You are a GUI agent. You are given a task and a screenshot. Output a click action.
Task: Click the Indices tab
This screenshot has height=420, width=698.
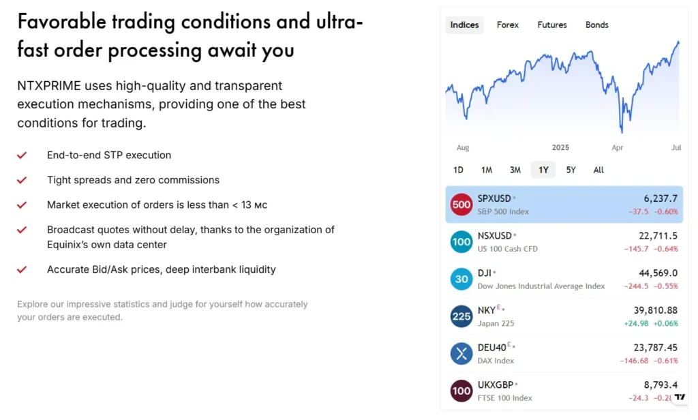tap(465, 25)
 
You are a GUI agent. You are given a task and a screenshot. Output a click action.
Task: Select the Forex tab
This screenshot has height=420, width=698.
tap(508, 25)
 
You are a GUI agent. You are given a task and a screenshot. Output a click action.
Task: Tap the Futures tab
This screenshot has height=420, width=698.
tap(552, 25)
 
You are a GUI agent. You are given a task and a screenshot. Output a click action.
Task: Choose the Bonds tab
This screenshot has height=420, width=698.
tap(597, 25)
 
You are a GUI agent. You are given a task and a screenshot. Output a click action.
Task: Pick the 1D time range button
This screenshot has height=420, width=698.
tap(458, 170)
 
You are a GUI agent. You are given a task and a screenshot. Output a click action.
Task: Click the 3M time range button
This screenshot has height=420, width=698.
tap(515, 170)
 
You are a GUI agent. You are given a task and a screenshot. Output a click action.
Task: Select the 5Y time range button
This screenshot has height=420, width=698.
tap(571, 170)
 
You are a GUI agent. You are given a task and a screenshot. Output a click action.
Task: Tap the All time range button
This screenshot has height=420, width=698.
tap(598, 170)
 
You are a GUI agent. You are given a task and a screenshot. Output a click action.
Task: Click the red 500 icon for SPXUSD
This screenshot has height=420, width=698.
tap(461, 205)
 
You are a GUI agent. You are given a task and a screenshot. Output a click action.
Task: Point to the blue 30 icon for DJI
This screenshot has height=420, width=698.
tap(461, 279)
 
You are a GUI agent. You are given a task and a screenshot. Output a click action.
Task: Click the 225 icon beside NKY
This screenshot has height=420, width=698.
tap(461, 316)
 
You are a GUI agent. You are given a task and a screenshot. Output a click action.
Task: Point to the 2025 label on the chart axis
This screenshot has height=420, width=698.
tap(560, 148)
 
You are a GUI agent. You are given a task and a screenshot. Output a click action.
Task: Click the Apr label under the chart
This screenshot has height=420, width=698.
tap(618, 148)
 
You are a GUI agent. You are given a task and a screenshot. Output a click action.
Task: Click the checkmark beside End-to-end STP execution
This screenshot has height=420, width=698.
tap(22, 155)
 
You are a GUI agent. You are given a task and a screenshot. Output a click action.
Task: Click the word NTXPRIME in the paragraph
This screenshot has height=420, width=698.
tap(49, 86)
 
